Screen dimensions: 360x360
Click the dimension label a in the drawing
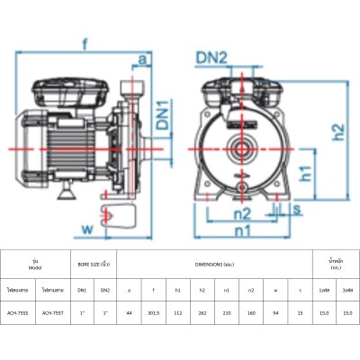tap(143, 59)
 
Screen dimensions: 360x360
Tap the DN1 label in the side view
tap(163, 111)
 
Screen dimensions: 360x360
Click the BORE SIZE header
tap(94, 264)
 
